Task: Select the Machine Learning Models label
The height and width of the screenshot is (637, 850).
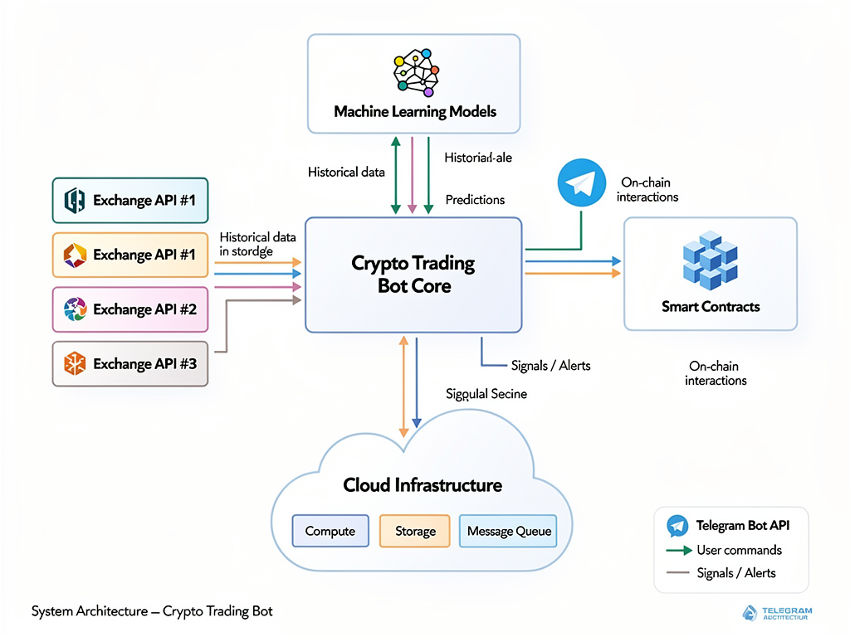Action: [414, 111]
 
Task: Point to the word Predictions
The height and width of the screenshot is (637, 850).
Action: [475, 200]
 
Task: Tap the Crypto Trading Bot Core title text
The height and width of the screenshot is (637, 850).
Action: [413, 275]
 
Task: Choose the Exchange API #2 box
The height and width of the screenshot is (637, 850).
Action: [130, 309]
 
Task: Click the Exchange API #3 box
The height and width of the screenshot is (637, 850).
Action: [130, 363]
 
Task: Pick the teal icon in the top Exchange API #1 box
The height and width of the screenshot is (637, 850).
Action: [75, 200]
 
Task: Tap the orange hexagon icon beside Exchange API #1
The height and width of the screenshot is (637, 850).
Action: [75, 255]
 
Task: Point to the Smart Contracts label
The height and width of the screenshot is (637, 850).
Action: [711, 307]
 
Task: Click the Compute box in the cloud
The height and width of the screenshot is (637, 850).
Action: [330, 532]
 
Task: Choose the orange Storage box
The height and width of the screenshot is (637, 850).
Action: [414, 532]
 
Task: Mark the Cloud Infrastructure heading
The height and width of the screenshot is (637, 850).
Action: [423, 484]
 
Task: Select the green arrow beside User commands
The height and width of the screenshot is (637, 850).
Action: [679, 550]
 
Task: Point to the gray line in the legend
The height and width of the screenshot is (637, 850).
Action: [679, 572]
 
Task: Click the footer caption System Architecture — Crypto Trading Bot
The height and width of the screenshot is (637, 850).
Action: [152, 611]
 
